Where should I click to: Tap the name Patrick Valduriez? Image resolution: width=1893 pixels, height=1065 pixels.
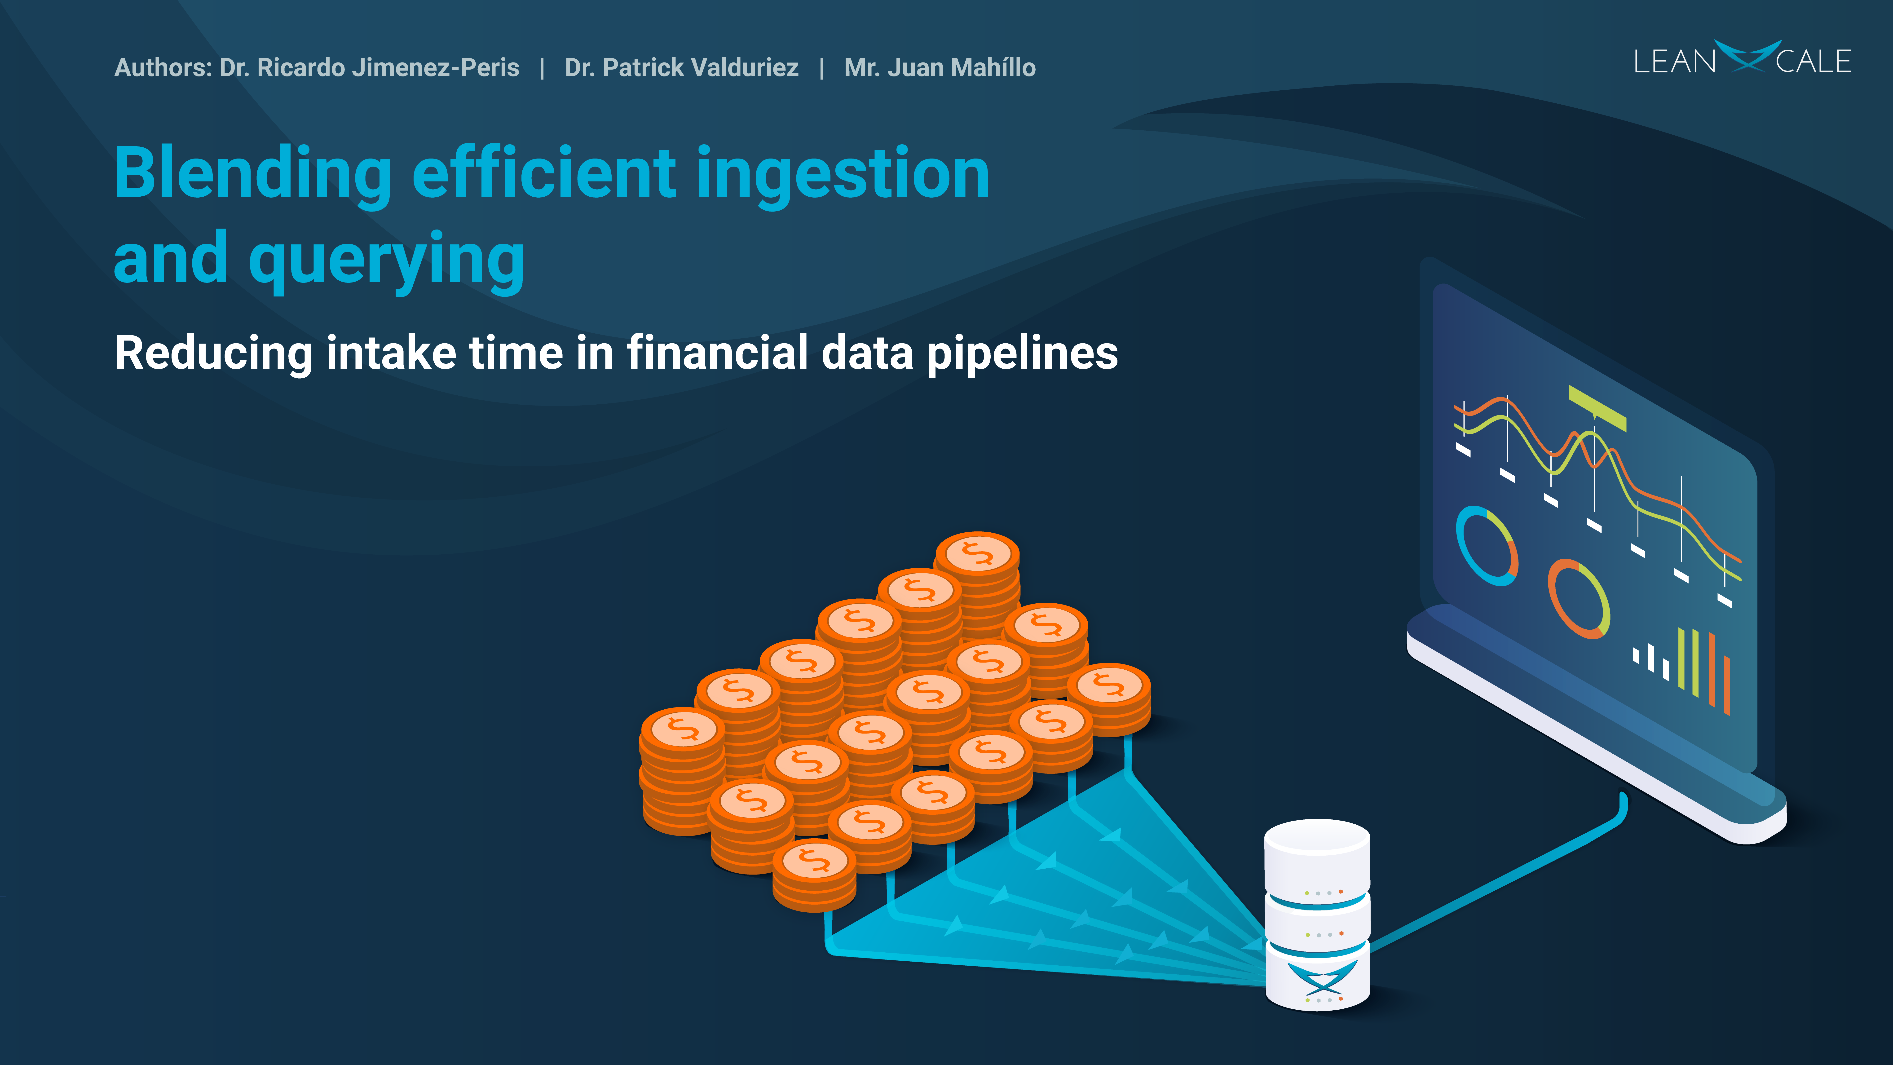point(700,68)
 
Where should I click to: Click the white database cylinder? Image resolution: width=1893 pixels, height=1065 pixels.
point(1317,915)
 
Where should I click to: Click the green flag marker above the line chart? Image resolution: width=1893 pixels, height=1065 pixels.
point(1597,407)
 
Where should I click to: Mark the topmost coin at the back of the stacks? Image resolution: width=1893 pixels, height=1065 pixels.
point(977,553)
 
